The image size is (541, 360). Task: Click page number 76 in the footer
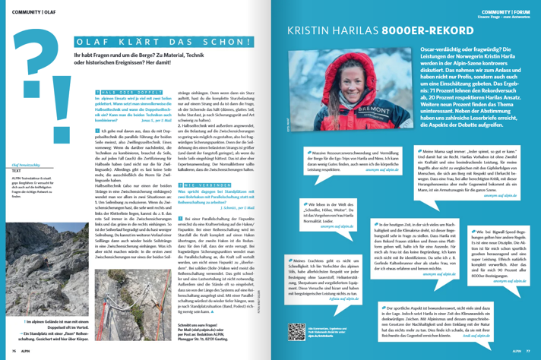click(x=14, y=350)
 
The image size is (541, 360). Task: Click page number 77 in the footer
click(x=525, y=350)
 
